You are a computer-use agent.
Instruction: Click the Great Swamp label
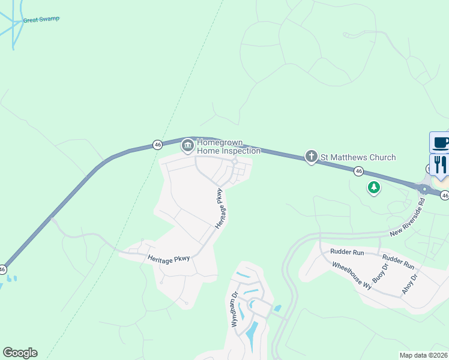[x=41, y=19]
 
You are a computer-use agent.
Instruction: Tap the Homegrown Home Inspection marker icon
[x=188, y=145]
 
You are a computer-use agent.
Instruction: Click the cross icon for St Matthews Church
[x=311, y=157]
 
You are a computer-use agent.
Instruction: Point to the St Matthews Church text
[x=358, y=157]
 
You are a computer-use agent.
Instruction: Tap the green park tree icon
[x=374, y=188]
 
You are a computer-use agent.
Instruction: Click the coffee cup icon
[x=440, y=142]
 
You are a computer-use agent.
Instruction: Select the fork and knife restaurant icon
[x=440, y=164]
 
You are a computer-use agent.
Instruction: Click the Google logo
[x=20, y=353]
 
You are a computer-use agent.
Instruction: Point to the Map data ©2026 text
[x=423, y=355]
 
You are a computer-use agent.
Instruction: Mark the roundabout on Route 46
[x=424, y=189]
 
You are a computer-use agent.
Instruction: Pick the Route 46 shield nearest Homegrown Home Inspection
[x=157, y=145]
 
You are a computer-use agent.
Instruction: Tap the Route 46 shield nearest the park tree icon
[x=358, y=171]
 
